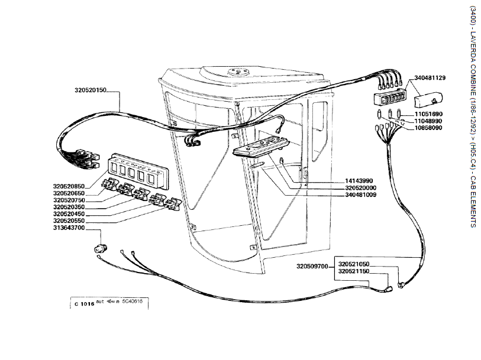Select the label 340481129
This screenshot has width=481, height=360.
430,77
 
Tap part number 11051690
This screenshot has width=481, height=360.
428,113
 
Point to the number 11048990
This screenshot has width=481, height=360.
428,120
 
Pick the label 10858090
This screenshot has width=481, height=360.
428,127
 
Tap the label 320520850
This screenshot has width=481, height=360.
69,186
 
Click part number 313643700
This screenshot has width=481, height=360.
69,228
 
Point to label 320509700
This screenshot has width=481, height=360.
312,267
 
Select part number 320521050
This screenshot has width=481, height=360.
353,264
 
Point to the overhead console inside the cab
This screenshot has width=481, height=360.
260,145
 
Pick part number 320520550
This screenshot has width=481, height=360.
69,220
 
